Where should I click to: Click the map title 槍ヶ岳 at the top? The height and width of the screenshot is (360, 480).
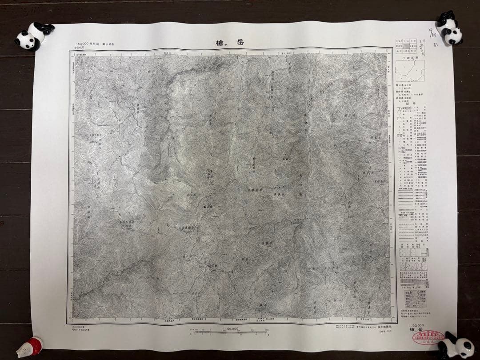click(228, 43)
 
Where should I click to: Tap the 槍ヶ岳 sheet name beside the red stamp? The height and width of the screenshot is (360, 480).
click(416, 331)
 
